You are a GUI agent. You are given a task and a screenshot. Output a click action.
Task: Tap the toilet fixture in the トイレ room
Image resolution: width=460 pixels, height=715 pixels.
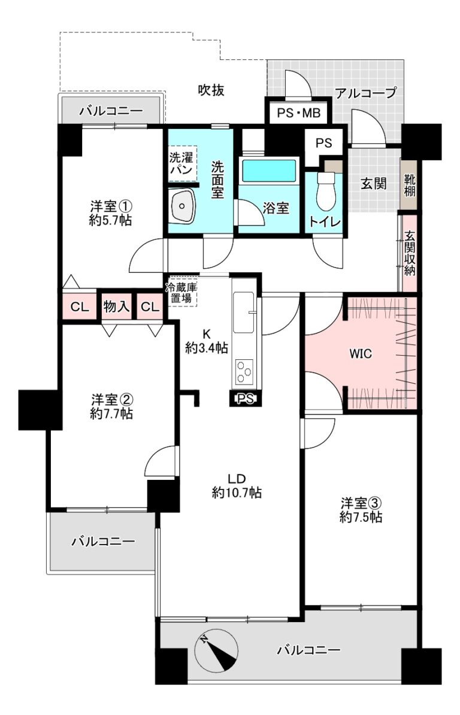(326, 188)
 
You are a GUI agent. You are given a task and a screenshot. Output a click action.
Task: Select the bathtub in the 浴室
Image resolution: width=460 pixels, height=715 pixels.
(269, 170)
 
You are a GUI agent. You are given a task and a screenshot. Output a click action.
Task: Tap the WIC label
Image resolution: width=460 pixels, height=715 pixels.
(360, 353)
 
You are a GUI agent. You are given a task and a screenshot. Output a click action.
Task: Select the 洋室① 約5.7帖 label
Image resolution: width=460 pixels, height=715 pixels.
(111, 214)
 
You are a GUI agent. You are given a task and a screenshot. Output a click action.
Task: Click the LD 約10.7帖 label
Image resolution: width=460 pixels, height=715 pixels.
(237, 486)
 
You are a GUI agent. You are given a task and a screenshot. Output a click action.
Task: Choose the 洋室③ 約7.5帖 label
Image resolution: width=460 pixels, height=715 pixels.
(361, 510)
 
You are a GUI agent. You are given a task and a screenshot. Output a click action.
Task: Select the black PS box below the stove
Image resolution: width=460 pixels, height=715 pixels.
(245, 398)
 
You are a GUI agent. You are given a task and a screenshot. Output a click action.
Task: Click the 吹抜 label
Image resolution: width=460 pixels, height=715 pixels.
(211, 91)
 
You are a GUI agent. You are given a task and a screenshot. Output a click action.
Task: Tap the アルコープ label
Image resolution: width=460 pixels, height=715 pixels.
(366, 94)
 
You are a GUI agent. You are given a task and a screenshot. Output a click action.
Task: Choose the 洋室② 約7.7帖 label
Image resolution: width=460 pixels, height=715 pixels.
(112, 407)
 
